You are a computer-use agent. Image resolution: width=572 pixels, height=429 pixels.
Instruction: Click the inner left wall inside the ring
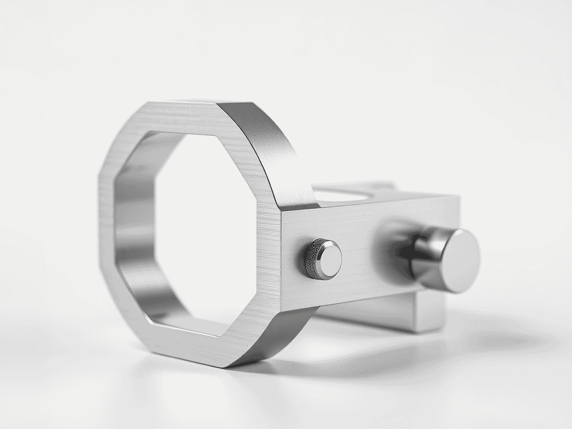pyautogui.click(x=134, y=235)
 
